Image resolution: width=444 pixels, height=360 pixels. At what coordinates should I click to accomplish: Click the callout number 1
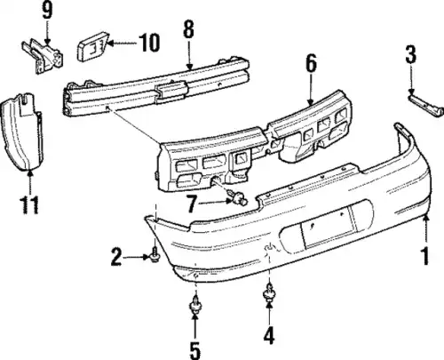pyautogui.click(x=425, y=257)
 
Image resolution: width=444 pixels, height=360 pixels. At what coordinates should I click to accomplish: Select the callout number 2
pyautogui.click(x=116, y=257)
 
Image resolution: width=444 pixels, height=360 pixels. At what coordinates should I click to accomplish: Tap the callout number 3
pyautogui.click(x=410, y=54)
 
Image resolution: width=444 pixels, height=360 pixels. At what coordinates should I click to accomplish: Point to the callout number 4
pyautogui.click(x=269, y=335)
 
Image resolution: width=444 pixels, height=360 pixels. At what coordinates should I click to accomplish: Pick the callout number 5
pyautogui.click(x=194, y=350)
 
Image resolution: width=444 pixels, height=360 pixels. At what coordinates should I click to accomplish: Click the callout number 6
pyautogui.click(x=311, y=63)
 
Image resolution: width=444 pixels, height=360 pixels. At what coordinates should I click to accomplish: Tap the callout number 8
pyautogui.click(x=188, y=28)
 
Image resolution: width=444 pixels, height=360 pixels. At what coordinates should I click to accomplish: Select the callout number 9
pyautogui.click(x=47, y=10)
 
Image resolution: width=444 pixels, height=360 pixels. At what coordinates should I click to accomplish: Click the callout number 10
pyautogui.click(x=149, y=43)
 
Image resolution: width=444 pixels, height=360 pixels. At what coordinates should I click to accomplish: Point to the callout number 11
pyautogui.click(x=29, y=204)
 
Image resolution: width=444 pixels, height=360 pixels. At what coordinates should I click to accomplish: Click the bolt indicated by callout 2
pyautogui.click(x=155, y=256)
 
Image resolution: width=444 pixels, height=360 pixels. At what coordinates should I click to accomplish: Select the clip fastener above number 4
pyautogui.click(x=269, y=292)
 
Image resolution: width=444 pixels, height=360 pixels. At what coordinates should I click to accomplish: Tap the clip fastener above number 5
pyautogui.click(x=195, y=303)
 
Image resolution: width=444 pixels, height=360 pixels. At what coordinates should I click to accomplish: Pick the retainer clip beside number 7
pyautogui.click(x=238, y=198)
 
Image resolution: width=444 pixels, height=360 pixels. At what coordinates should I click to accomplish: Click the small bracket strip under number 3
pyautogui.click(x=426, y=105)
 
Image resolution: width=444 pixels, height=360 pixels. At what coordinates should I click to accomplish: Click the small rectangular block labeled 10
pyautogui.click(x=93, y=46)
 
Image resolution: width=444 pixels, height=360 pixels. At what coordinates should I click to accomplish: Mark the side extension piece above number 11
pyautogui.click(x=21, y=132)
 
